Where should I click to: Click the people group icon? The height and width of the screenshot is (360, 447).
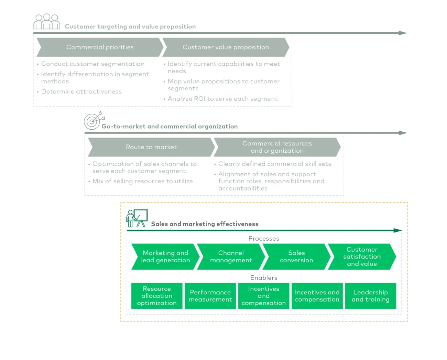point(47,22)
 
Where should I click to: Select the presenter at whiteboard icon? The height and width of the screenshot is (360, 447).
point(137,218)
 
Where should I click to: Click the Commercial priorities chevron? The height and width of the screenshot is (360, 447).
point(100,47)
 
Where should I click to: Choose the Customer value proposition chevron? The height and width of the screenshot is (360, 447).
point(226,47)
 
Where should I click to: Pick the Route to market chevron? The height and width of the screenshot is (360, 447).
point(151,147)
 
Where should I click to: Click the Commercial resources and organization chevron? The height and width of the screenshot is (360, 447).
point(277,147)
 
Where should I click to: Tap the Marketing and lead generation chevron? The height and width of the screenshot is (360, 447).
point(165,257)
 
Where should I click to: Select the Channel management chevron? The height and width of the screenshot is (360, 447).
point(231,257)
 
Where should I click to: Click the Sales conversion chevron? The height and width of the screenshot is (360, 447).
point(296,257)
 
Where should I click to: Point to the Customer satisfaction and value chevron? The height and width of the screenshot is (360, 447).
point(362,257)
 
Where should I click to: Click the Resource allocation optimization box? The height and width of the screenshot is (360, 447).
point(157,296)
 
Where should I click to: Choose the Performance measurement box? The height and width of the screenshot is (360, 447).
point(210,296)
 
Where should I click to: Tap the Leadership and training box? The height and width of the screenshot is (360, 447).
point(370,296)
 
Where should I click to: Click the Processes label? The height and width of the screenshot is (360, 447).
point(264,239)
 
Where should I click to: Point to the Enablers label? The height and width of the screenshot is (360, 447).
point(264,278)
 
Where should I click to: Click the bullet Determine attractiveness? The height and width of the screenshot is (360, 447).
point(81,92)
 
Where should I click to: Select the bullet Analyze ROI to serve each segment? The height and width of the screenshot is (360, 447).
point(222,99)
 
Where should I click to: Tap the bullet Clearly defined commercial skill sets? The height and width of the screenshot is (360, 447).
point(274,164)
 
